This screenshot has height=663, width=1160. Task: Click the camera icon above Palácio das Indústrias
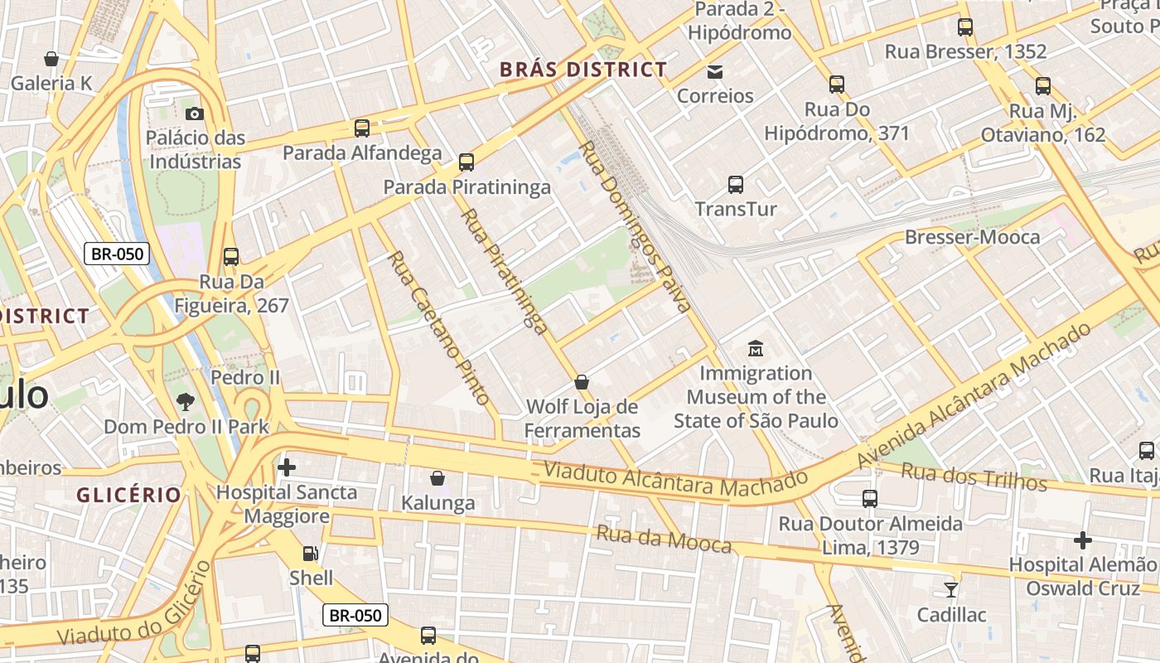195,114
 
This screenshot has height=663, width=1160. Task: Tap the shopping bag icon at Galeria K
51,59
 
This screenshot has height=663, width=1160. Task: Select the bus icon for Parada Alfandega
362,128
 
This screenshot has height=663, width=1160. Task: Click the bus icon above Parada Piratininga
466,162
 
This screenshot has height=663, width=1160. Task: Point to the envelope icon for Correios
715,72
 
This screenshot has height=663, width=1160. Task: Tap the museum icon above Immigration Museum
755,349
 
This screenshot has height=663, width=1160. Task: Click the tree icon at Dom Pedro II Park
186,402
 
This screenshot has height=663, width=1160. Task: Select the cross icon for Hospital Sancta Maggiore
287,467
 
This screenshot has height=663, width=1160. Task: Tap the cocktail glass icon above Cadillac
951,590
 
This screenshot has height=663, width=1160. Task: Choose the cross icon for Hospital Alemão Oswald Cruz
1083,540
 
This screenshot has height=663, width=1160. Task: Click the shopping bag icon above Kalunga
437,478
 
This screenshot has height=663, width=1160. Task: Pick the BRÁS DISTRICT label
583,70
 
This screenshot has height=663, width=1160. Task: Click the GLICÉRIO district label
128,495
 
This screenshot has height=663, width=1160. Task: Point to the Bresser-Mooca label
972,237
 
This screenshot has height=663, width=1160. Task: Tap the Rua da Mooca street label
664,539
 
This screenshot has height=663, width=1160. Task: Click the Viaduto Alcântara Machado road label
674,479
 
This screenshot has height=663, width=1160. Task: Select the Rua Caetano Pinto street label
438,327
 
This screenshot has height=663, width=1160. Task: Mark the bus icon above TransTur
736,185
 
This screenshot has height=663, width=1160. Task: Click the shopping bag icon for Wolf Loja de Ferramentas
582,382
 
